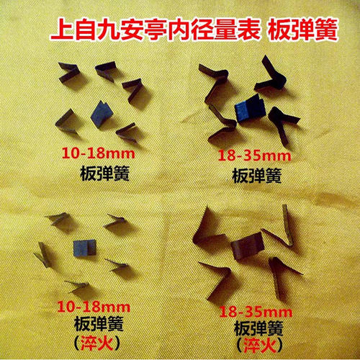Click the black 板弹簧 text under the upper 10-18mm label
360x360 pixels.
102,172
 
